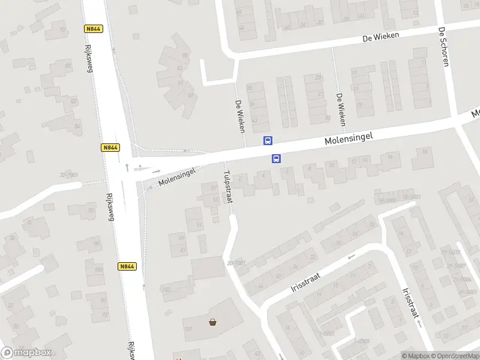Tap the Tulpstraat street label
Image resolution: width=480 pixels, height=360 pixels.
tap(227, 187)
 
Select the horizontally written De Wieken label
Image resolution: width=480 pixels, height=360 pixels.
tap(380, 37)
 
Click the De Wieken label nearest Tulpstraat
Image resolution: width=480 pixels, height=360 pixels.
tap(240, 115)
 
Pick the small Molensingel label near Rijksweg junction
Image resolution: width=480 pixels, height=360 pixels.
tap(177, 176)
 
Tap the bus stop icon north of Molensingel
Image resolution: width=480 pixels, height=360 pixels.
tap(268, 141)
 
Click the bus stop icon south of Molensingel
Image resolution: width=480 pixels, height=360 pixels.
tap(277, 158)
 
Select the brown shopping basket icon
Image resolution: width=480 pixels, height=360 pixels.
tap(212, 322)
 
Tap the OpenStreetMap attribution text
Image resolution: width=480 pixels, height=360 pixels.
tap(455, 356)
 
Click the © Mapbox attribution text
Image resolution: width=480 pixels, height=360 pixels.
tap(415, 356)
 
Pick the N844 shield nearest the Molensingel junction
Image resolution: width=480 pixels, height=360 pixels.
tap(110, 148)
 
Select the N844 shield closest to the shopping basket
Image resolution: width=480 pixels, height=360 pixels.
tap(127, 266)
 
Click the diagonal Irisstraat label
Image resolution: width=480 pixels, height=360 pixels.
tap(306, 280)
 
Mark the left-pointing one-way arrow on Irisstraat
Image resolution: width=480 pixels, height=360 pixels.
tap(351, 257)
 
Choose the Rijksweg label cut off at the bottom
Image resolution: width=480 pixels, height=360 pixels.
tap(130, 351)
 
